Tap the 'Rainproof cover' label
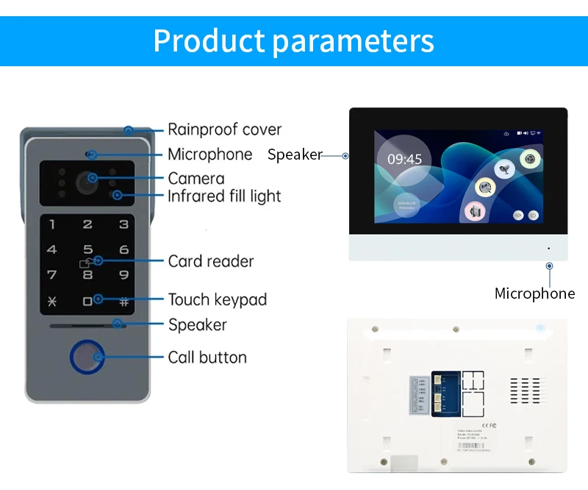click(224, 129)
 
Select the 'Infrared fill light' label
click(224, 196)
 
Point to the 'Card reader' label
click(211, 261)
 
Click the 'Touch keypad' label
click(217, 299)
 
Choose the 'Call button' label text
click(207, 358)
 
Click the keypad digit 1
click(51, 225)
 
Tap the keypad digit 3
click(123, 225)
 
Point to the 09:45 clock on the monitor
click(404, 159)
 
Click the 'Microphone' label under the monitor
click(534, 294)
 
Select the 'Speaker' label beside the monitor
click(295, 155)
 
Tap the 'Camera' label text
click(196, 178)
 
